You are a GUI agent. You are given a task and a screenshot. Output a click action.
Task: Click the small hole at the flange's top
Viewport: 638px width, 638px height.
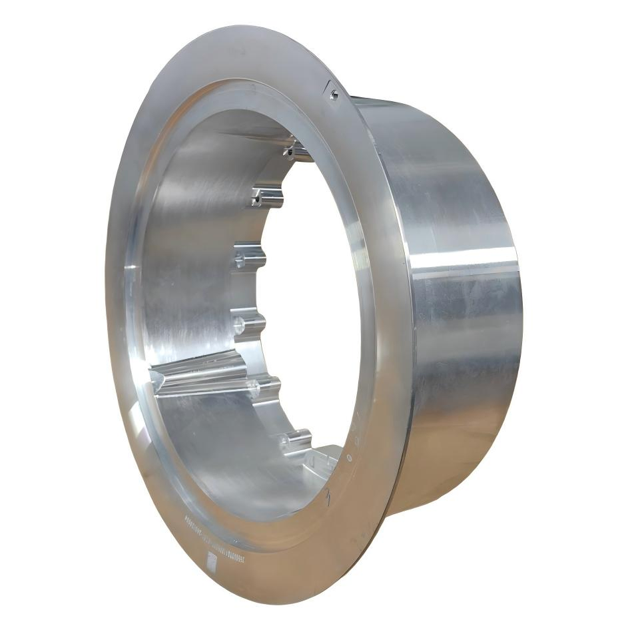[x=334, y=95]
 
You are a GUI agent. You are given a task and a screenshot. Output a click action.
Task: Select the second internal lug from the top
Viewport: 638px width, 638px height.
[x=267, y=196]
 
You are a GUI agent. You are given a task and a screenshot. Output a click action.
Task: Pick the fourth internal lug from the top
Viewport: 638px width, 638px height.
[x=248, y=326]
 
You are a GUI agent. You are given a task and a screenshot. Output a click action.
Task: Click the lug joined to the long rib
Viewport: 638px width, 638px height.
[x=262, y=386]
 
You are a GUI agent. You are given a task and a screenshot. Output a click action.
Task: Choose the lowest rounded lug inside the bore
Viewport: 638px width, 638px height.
[x=294, y=440]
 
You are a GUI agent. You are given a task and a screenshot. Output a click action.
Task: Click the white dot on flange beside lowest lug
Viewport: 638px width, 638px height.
[x=347, y=458]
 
